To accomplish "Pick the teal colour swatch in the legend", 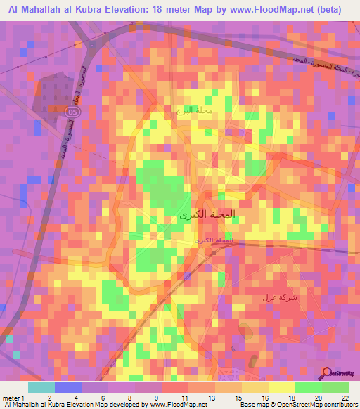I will coord(41,387).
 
